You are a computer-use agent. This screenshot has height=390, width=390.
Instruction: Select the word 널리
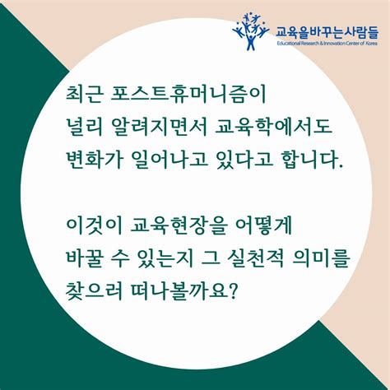[x=82, y=125]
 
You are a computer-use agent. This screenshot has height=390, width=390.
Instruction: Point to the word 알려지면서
[x=160, y=125]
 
